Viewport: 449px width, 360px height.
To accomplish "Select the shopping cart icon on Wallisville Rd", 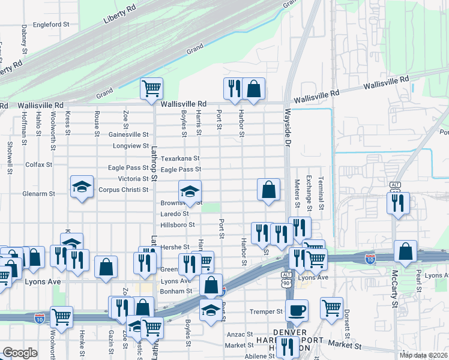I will point(151,88).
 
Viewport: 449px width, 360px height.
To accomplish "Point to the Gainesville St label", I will point(128,134).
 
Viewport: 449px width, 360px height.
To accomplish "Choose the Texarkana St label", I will point(180,158).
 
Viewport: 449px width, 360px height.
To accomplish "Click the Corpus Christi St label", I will point(123,190).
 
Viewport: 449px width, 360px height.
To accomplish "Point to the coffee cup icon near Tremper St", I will point(296,310).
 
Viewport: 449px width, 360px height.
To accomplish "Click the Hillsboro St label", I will point(178,224).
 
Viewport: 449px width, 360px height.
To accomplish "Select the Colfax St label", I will point(38,164).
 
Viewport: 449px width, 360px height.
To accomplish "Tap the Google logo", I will point(20,352).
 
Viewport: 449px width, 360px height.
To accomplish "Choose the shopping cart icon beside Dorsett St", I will point(331,308).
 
